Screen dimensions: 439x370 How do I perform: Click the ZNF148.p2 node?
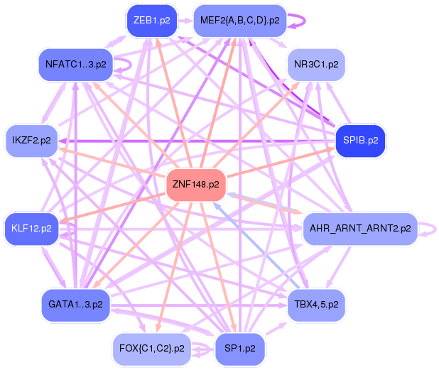click(x=196, y=185)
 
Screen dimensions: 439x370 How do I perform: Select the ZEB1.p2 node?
click(x=152, y=21)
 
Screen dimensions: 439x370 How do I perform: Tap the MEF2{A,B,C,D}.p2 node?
click(x=240, y=21)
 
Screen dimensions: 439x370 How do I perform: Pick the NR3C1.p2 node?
click(x=316, y=65)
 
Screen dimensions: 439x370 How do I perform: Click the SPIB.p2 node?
click(x=360, y=141)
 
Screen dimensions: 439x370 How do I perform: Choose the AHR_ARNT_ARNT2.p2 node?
click(x=360, y=229)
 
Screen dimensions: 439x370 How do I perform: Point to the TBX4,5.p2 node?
click(x=316, y=305)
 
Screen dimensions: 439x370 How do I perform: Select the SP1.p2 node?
click(x=240, y=349)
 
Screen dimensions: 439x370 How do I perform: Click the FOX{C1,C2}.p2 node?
click(x=152, y=349)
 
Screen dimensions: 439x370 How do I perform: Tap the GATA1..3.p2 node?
click(x=75, y=305)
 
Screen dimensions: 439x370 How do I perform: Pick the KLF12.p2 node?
click(x=31, y=229)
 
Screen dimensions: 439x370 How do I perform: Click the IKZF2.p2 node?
click(x=31, y=141)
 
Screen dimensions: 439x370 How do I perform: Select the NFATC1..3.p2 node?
click(x=75, y=65)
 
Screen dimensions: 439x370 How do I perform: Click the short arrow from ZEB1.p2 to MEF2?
click(x=185, y=21)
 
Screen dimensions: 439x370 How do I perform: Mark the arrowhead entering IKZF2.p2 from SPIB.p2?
click(x=62, y=141)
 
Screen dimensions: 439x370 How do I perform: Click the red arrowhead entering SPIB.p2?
click(x=331, y=149)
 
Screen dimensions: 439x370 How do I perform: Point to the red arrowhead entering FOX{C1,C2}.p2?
click(x=158, y=329)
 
